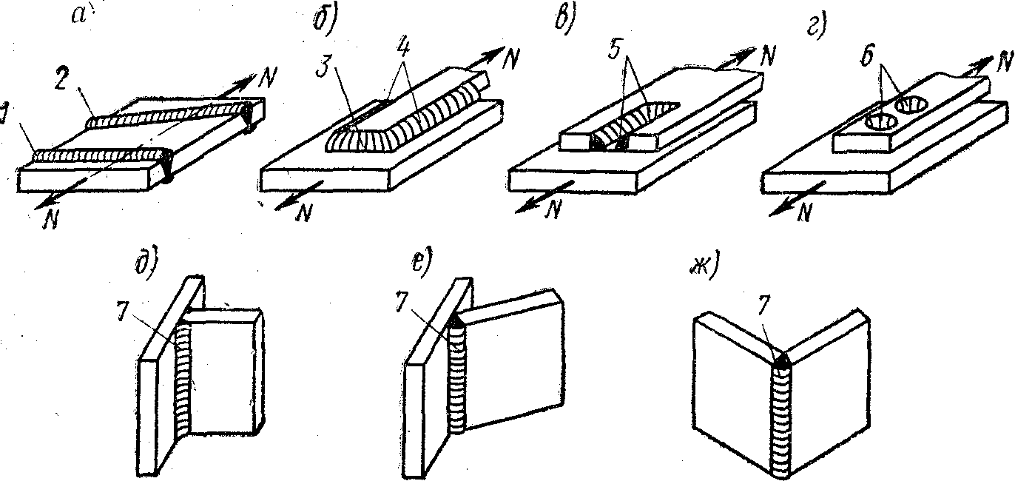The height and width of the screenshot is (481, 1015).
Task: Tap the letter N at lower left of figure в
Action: [x=550, y=210]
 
